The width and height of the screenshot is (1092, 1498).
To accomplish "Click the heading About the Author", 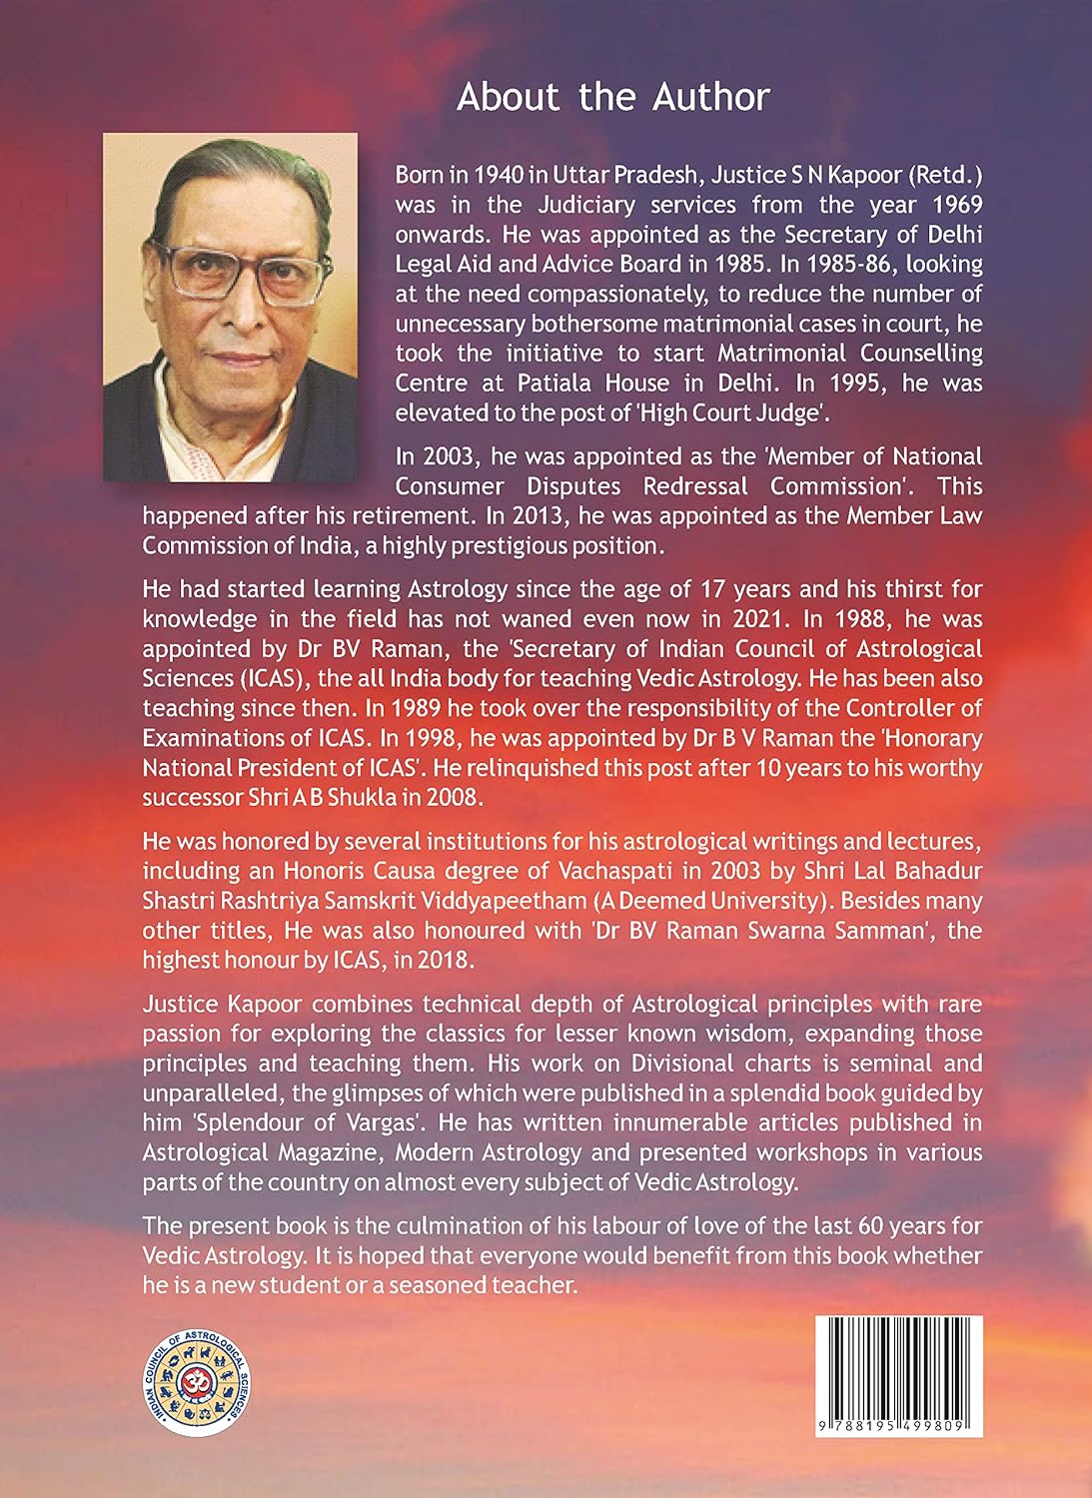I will coord(612,97).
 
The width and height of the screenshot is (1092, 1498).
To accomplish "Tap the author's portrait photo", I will coord(230,307).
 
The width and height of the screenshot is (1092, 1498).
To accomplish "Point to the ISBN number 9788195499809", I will coord(898,1427).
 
